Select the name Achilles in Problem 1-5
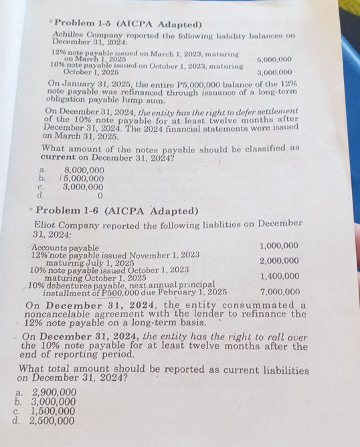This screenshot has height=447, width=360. tap(70, 34)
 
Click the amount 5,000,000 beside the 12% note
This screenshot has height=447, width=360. tap(274, 60)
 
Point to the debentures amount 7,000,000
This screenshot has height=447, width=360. tap(279, 292)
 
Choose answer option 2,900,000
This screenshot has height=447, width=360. tap(54, 392)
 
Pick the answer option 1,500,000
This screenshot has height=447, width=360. tap(54, 412)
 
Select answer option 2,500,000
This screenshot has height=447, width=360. tap(54, 422)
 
